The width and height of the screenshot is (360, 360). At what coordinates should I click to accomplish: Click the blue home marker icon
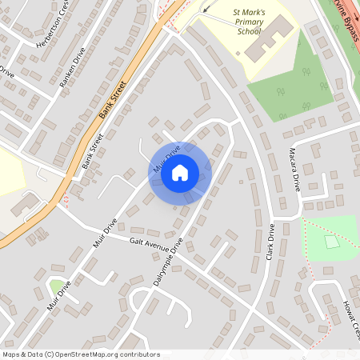click(180, 172)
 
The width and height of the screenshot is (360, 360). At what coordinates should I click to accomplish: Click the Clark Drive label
click(270, 242)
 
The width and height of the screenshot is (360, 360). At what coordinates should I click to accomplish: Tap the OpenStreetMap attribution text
click(80, 354)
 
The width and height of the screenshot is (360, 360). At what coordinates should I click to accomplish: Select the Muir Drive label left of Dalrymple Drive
click(106, 233)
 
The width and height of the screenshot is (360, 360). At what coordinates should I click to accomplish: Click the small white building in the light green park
click(331, 241)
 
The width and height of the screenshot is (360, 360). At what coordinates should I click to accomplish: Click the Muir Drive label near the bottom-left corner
click(58, 295)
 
